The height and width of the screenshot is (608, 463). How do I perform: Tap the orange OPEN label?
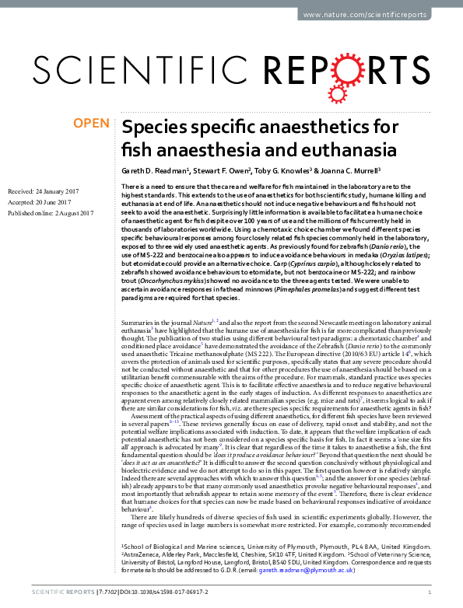(92, 123)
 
